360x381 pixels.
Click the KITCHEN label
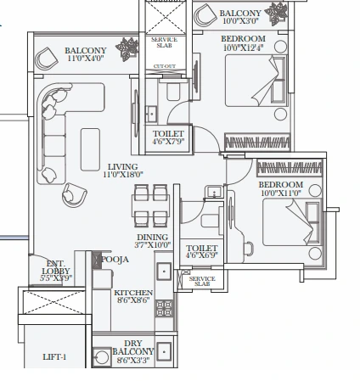[x=133, y=292]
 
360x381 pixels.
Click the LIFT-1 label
[x=54, y=357]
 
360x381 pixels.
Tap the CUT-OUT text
[x=164, y=64]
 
